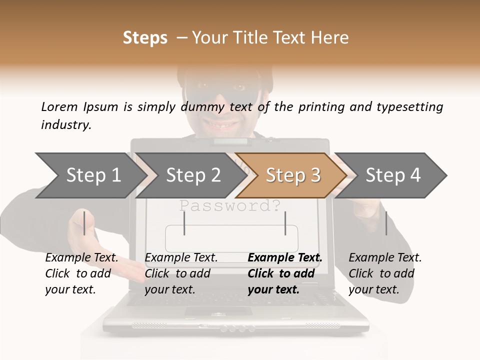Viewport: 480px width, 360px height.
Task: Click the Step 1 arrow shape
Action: pos(90,175)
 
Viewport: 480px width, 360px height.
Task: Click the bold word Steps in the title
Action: pos(145,38)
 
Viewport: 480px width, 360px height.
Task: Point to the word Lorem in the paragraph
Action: pos(59,106)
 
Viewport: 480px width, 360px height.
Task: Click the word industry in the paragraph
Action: pos(66,125)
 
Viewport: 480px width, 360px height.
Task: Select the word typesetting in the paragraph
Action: pos(413,106)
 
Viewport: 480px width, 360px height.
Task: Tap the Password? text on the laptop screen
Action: pos(229,205)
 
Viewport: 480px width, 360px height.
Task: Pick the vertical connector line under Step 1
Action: pos(84,223)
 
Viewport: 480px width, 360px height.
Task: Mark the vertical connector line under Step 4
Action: pos(386,223)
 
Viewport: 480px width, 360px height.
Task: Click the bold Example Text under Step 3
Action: pos(285,258)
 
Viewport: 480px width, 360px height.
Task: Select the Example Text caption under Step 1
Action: pos(81,258)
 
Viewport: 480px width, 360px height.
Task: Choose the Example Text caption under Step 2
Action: pos(181,258)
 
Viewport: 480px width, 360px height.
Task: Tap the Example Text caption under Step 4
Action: pos(385,258)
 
